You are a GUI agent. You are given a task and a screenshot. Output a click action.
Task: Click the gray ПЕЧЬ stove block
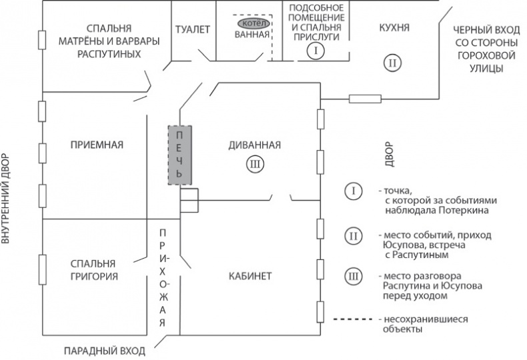click(x=179, y=155)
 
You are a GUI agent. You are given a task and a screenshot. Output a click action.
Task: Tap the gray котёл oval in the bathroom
click(x=253, y=23)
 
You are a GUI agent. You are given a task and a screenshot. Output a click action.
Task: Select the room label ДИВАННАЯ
click(x=254, y=145)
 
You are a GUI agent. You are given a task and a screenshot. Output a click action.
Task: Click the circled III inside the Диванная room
click(x=254, y=164)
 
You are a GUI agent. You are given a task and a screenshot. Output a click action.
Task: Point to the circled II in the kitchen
click(x=394, y=63)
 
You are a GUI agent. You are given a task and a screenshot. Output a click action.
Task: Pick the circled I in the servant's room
click(x=316, y=51)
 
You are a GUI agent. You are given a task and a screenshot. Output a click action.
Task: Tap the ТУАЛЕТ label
click(x=193, y=30)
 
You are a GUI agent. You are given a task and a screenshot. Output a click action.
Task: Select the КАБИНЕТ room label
click(x=249, y=276)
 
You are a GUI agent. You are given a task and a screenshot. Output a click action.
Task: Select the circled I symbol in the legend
click(x=353, y=191)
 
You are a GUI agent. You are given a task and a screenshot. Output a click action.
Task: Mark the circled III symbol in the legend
click(x=353, y=276)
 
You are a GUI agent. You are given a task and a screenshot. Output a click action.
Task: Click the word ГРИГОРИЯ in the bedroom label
click(x=97, y=276)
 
